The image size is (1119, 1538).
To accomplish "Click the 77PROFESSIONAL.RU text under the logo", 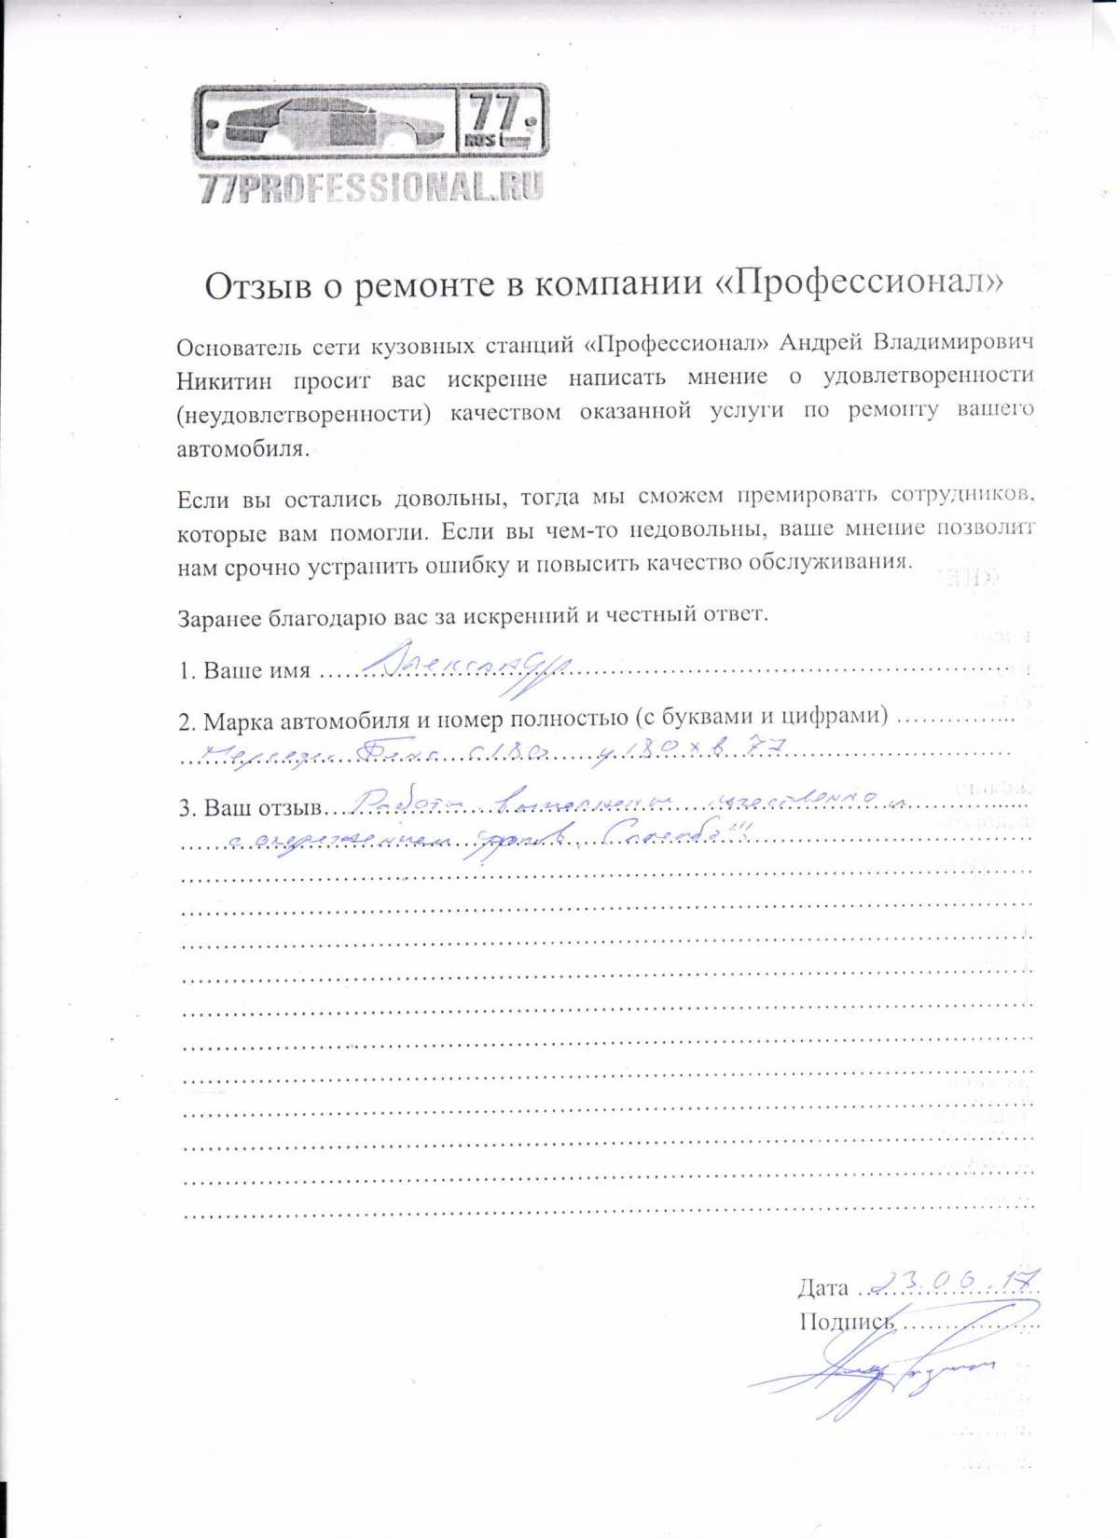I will tap(370, 187).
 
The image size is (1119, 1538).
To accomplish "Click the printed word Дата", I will tap(822, 1288).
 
